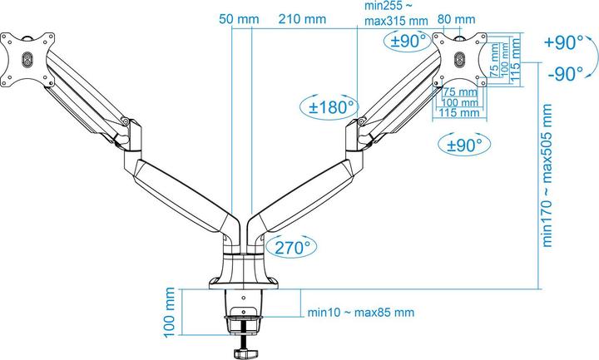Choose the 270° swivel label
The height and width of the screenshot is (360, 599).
pos(290,246)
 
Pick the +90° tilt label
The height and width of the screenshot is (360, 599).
pos(564,43)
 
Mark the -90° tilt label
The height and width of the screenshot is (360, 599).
pos(566,74)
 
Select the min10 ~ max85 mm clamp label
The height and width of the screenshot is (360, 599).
pos(359,313)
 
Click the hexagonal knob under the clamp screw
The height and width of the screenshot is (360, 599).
pos(245,352)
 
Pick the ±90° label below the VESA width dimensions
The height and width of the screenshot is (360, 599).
pos(461,144)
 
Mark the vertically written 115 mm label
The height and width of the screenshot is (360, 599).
pos(515,56)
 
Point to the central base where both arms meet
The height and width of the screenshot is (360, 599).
pos(243,258)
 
